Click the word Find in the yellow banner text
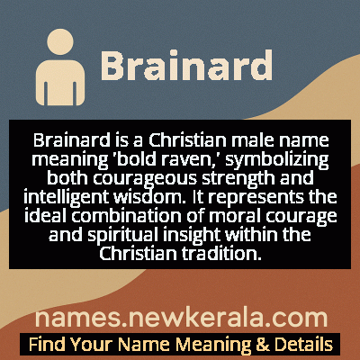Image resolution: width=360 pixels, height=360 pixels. point(46,344)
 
